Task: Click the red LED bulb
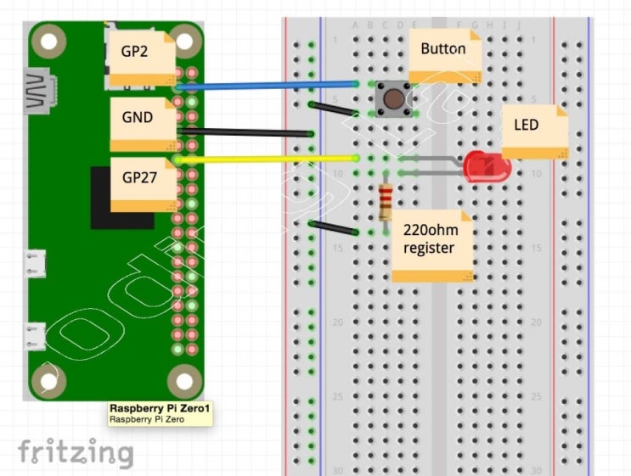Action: [485, 165]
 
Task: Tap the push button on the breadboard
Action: [393, 99]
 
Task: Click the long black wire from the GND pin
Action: [246, 132]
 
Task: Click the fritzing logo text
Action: [76, 452]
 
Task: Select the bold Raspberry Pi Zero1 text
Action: [159, 408]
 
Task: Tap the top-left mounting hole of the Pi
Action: [49, 40]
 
